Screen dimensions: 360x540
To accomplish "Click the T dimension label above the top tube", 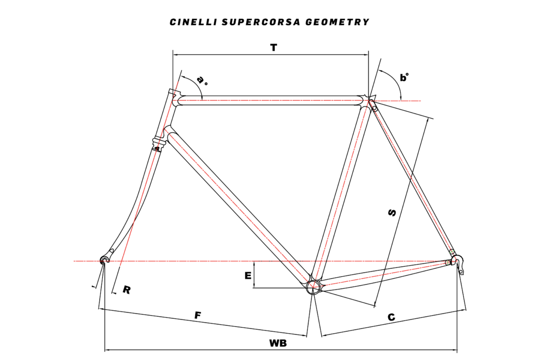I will (x=273, y=47).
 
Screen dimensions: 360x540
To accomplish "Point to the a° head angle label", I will (x=202, y=81).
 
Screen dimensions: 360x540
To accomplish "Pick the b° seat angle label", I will (x=404, y=77).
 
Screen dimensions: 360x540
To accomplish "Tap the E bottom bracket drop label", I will (x=247, y=275).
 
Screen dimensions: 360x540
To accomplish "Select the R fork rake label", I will (x=127, y=289).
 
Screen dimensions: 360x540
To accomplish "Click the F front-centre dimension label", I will (x=198, y=315).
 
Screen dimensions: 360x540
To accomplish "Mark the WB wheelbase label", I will (x=278, y=343).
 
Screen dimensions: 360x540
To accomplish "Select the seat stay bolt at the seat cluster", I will (x=374, y=108).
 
